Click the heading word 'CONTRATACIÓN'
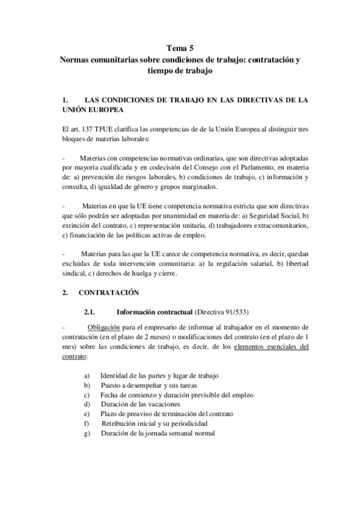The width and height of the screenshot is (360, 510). [x=109, y=293]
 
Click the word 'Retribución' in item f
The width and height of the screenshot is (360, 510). [x=120, y=423]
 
